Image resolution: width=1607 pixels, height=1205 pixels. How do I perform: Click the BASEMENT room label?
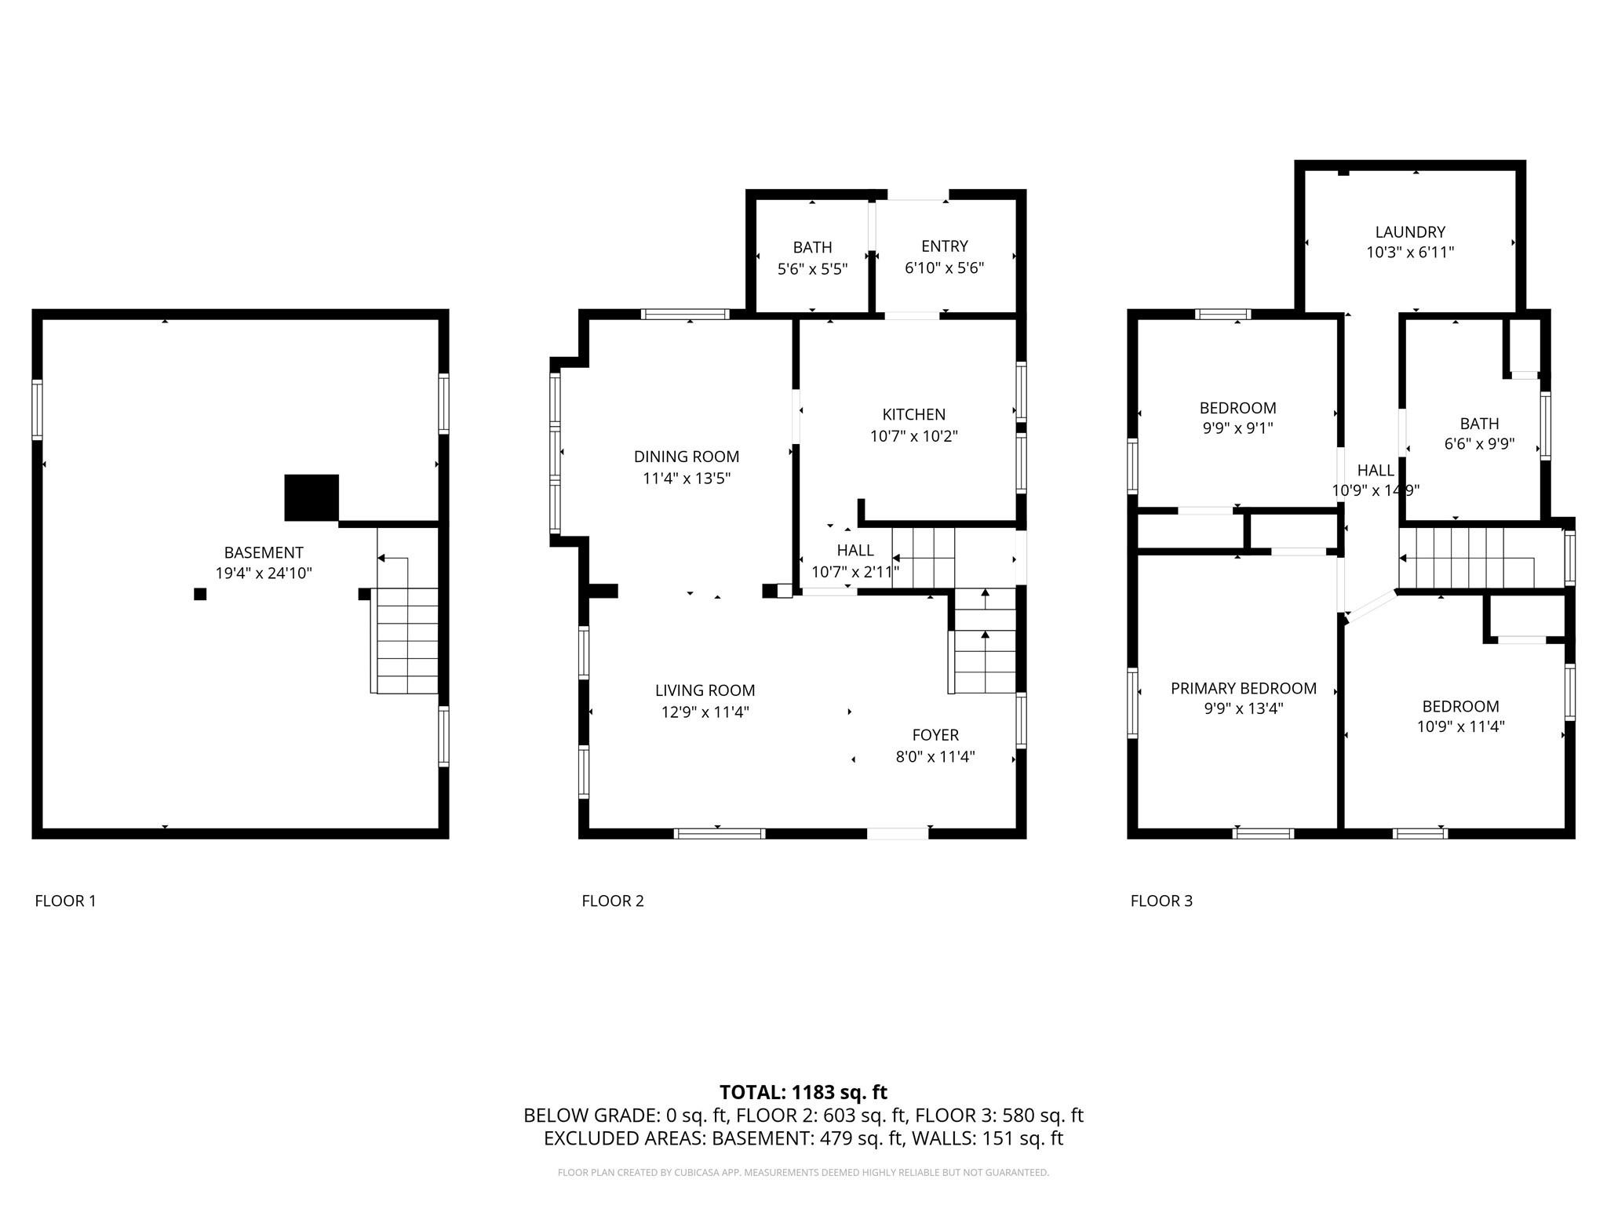[264, 552]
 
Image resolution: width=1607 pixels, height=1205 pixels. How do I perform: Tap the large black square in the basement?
[312, 497]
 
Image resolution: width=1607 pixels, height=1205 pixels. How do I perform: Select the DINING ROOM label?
[687, 457]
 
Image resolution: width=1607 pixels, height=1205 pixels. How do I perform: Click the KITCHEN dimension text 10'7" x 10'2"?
[913, 436]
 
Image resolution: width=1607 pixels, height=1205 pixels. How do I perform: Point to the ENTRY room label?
[944, 246]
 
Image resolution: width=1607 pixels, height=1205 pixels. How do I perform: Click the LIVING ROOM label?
[705, 690]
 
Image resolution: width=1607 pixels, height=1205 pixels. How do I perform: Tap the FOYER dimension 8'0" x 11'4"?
[935, 757]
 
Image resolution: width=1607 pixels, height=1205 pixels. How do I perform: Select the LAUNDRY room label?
[1410, 232]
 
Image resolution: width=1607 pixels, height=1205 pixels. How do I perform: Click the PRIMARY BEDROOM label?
[1243, 689]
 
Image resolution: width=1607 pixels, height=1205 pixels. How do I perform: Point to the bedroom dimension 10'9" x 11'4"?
[1460, 727]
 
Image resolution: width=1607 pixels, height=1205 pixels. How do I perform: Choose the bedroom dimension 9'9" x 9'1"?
[1237, 428]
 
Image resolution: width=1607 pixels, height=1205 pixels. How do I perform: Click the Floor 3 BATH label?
[1479, 424]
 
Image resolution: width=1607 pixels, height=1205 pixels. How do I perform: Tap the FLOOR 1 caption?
[65, 901]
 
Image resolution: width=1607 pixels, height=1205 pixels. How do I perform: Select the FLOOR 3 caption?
[1161, 901]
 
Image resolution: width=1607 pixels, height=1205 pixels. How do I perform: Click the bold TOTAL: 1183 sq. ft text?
[803, 1092]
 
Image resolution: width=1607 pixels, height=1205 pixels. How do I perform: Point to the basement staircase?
[406, 639]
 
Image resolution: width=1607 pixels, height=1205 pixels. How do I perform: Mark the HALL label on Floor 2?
[855, 551]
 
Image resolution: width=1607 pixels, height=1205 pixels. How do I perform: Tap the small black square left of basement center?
[200, 594]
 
